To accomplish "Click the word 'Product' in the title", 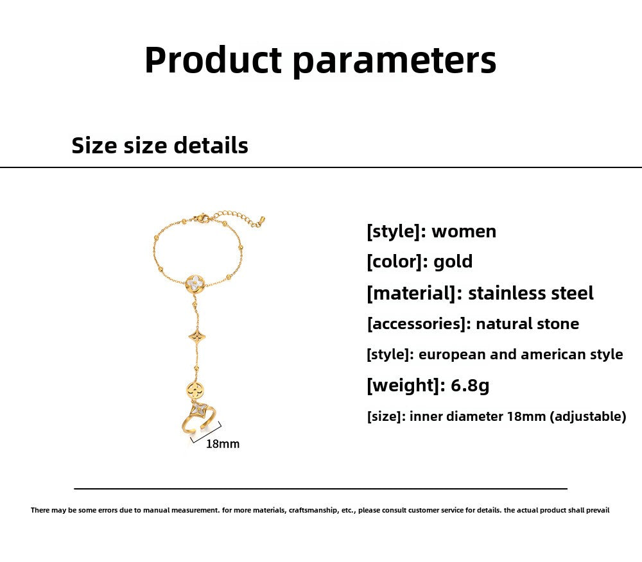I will [213, 60].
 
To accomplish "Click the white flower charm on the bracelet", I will [195, 282].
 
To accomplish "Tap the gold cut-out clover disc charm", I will [195, 389].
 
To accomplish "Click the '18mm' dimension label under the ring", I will [222, 443].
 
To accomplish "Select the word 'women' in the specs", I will [464, 231].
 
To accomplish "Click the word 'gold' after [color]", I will [453, 262].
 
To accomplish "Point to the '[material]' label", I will [413, 293].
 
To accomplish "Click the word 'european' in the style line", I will [450, 354].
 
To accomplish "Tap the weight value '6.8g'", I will [470, 385].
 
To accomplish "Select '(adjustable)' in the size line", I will [587, 416].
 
